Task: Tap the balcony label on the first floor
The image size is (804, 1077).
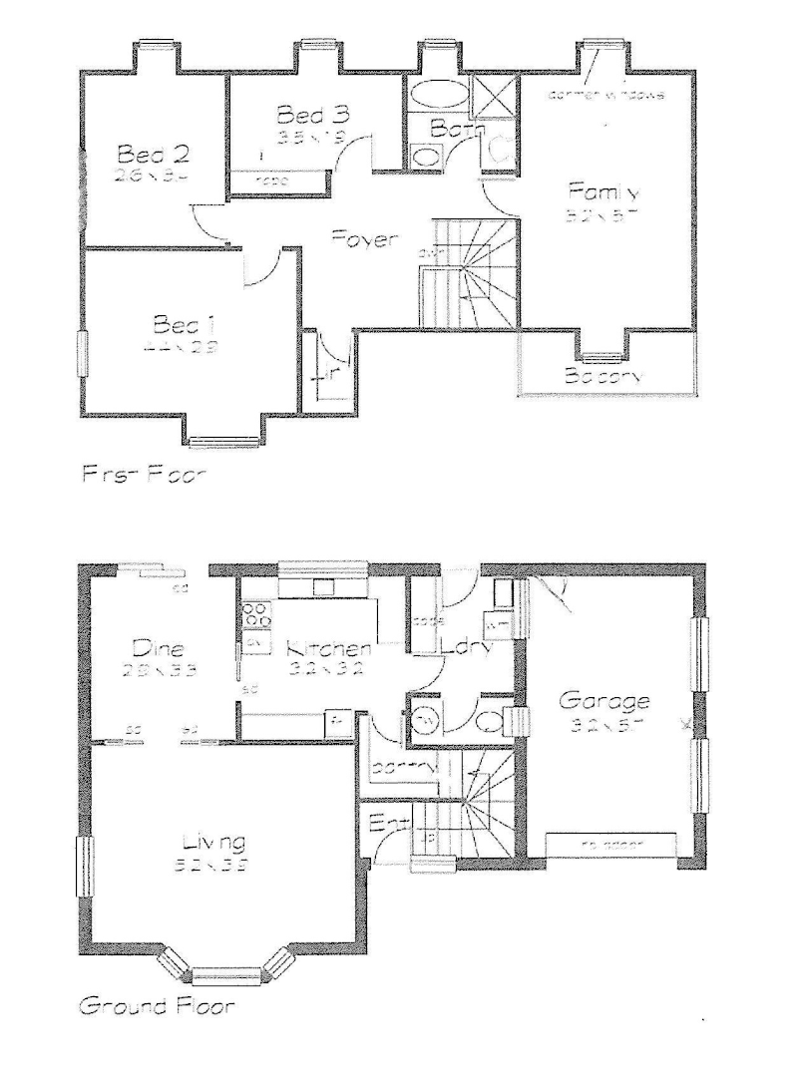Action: (x=602, y=377)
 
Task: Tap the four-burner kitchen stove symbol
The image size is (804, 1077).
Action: (x=256, y=615)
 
